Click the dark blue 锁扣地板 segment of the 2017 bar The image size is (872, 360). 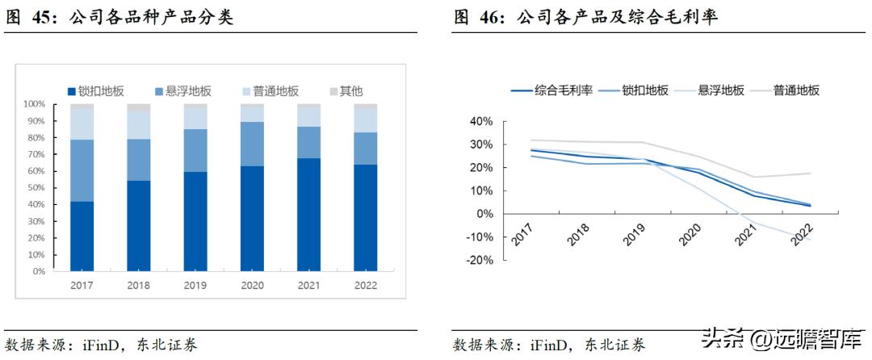click(x=82, y=236)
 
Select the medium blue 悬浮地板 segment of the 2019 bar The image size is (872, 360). click(x=195, y=150)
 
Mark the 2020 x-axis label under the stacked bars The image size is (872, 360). click(x=253, y=285)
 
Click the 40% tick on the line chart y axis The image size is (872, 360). click(x=480, y=122)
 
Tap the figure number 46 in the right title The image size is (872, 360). click(x=492, y=17)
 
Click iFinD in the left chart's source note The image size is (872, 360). click(x=100, y=345)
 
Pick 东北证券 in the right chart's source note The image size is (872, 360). click(x=615, y=345)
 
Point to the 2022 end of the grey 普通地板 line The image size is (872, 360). click(x=810, y=174)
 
